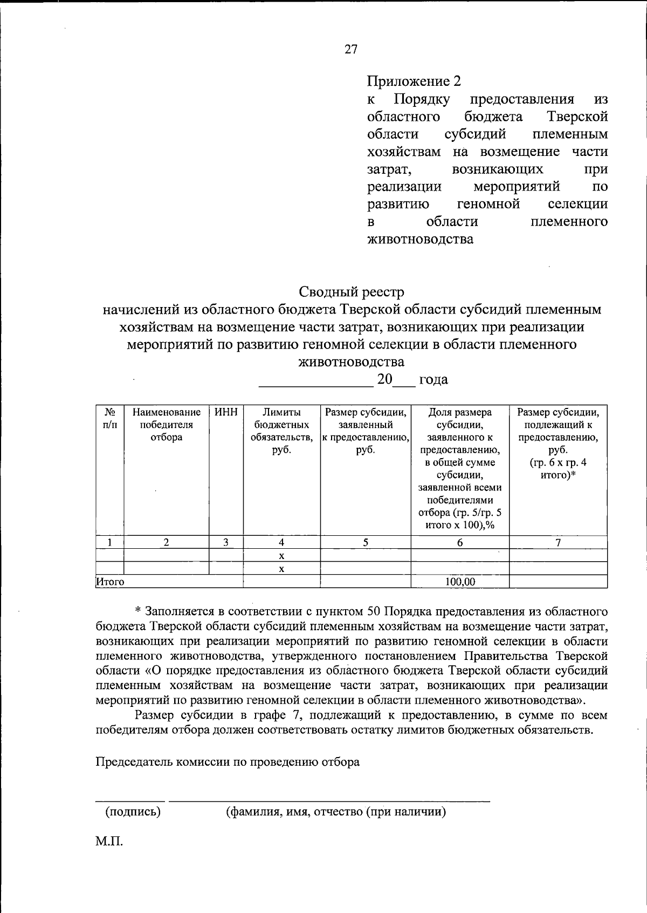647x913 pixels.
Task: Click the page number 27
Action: point(350,50)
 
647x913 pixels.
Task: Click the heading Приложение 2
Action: point(414,81)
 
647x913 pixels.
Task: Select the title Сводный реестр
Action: point(352,292)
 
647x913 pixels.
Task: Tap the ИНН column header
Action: point(226,413)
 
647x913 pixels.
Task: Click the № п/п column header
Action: point(109,419)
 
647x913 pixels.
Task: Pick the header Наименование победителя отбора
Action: point(166,425)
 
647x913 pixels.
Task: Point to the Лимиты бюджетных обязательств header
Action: point(281,431)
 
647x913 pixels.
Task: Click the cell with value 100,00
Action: point(460,582)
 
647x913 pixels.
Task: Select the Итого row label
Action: point(110,582)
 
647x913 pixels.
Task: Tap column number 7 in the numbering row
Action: point(558,542)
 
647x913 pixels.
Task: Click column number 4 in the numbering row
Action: point(281,542)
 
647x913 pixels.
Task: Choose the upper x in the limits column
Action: point(281,556)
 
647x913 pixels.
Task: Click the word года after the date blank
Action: point(433,379)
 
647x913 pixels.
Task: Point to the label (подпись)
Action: point(133,812)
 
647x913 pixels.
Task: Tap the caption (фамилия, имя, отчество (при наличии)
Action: point(335,812)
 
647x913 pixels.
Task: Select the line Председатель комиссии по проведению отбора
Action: point(228,762)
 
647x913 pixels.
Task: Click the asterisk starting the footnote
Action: point(137,612)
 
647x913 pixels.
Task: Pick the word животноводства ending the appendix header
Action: point(420,239)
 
